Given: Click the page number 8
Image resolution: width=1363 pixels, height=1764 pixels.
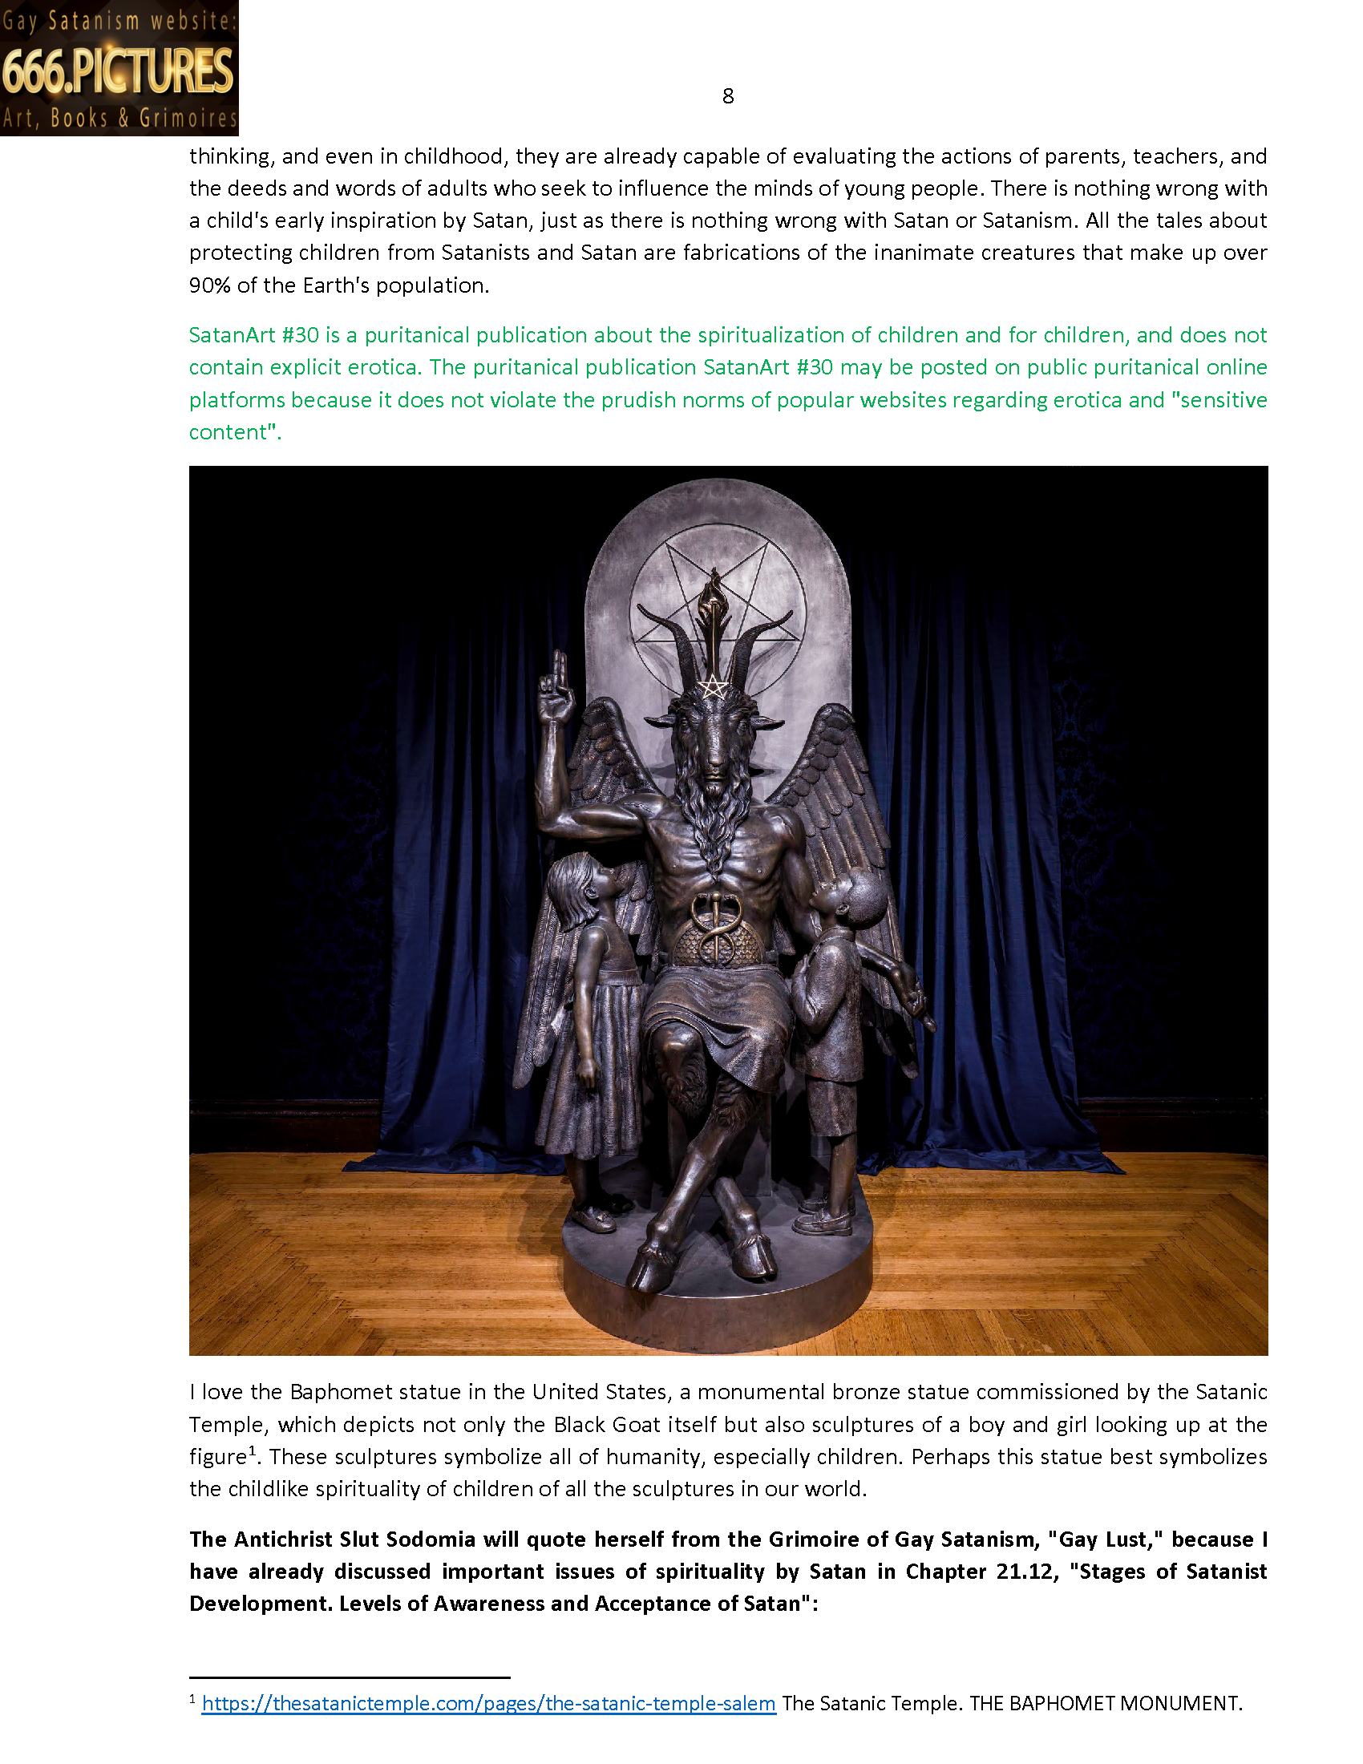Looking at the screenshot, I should pyautogui.click(x=727, y=96).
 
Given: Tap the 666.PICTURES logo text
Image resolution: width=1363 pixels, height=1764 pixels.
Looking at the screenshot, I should pyautogui.click(x=118, y=71).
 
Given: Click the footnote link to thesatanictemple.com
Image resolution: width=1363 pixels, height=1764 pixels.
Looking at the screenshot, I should pyautogui.click(x=488, y=1703).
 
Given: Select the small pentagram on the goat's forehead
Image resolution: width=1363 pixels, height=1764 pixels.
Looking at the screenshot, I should pyautogui.click(x=713, y=687).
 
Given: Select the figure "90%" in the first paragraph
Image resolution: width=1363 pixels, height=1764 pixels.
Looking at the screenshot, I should pyautogui.click(x=210, y=285).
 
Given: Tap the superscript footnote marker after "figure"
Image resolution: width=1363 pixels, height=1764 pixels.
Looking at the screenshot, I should pyautogui.click(x=252, y=1451).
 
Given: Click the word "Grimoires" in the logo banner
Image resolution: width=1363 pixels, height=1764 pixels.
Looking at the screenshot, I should pyautogui.click(x=188, y=119).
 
